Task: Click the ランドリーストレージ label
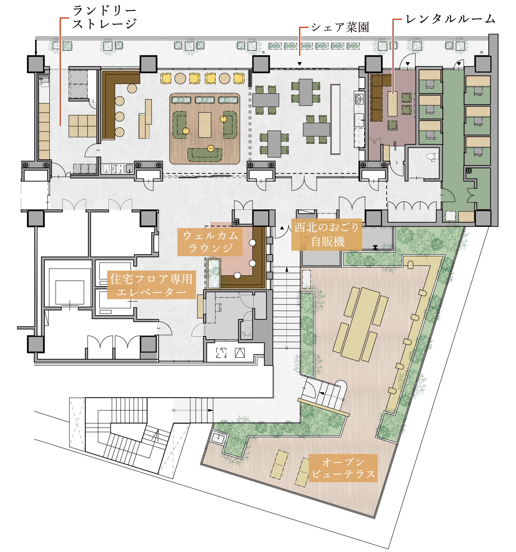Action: point(105,17)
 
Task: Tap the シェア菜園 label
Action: point(340,27)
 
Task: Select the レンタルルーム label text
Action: point(450,19)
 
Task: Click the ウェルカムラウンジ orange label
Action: point(210,242)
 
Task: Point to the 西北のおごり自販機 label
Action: point(327,235)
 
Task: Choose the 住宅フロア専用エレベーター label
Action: point(151,285)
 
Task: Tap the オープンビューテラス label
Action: point(343,468)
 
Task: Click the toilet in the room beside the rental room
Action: point(432,157)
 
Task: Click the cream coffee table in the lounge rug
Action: point(205,125)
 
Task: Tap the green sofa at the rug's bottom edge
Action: point(205,154)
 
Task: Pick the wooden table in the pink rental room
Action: point(392,104)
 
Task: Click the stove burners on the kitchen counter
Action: point(359,99)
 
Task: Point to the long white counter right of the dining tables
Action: point(335,119)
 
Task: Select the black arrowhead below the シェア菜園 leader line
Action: point(300,64)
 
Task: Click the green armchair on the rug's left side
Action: point(180,125)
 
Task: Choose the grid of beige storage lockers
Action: point(82,126)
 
